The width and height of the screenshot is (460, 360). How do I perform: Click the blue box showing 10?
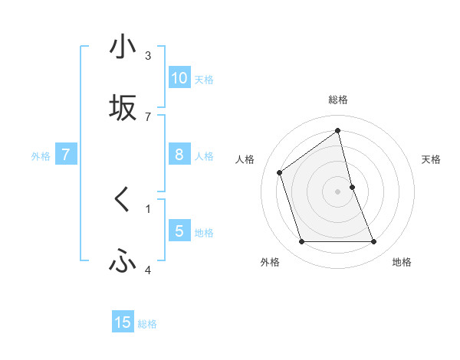[179, 78]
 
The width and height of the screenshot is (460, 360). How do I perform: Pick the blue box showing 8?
[179, 155]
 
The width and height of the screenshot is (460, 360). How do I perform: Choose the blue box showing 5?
[179, 231]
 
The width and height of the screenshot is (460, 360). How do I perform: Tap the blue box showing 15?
[123, 322]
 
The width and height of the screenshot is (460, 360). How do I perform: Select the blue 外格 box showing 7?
[66, 155]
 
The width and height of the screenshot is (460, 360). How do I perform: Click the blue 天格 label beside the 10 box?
[203, 80]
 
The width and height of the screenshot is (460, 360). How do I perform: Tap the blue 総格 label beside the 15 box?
[147, 324]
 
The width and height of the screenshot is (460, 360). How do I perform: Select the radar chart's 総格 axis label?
[338, 100]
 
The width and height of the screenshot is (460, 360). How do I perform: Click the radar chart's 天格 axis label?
[431, 159]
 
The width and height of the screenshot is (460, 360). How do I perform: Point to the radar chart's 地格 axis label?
[402, 263]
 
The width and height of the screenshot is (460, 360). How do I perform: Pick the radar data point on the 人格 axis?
[280, 172]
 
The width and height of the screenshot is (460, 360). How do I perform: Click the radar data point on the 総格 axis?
[338, 130]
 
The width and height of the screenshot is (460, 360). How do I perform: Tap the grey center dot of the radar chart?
[338, 191]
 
